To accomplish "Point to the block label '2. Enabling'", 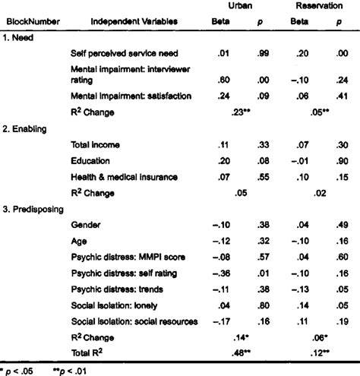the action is (28, 130).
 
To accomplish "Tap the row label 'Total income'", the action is (96, 145).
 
